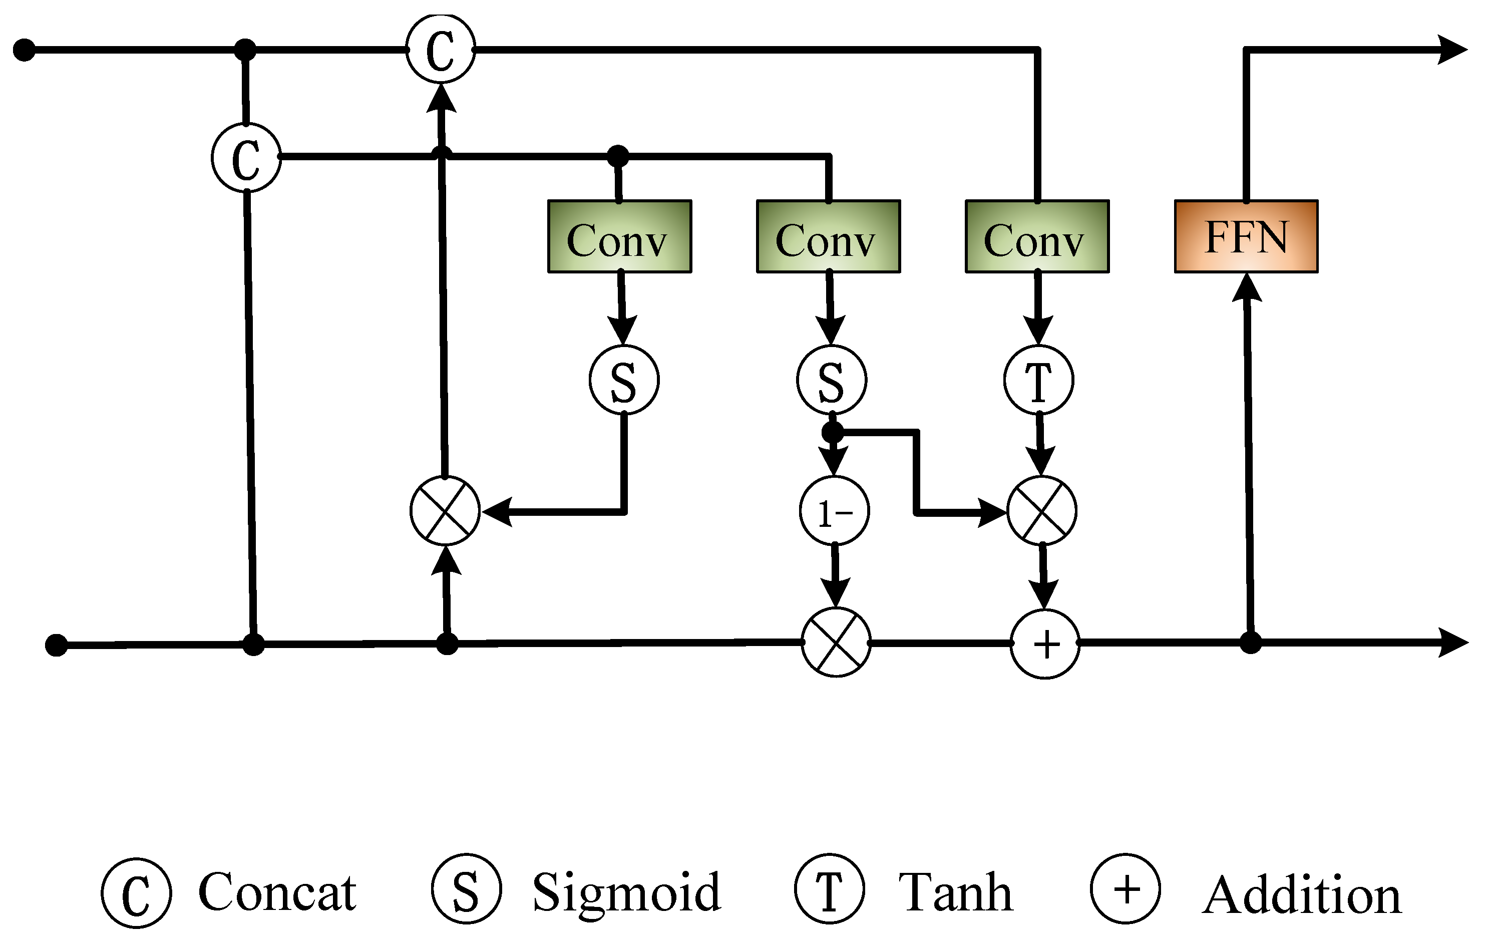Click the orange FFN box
pyautogui.click(x=1246, y=236)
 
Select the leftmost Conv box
pyautogui.click(x=619, y=236)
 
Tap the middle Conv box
pyautogui.click(x=828, y=236)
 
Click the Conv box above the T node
pyautogui.click(x=1037, y=236)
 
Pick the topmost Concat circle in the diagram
pyautogui.click(x=441, y=49)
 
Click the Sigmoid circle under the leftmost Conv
pyautogui.click(x=624, y=380)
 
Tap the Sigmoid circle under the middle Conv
pyautogui.click(x=831, y=380)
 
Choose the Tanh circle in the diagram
pyautogui.click(x=1038, y=380)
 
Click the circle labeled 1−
pyautogui.click(x=834, y=511)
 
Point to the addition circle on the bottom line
pyautogui.click(x=1045, y=645)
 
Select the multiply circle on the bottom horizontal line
pyautogui.click(x=836, y=643)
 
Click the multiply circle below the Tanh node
pyautogui.click(x=1042, y=511)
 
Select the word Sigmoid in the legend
pyautogui.click(x=626, y=892)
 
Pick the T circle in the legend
pyautogui.click(x=829, y=889)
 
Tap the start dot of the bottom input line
pyautogui.click(x=56, y=646)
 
